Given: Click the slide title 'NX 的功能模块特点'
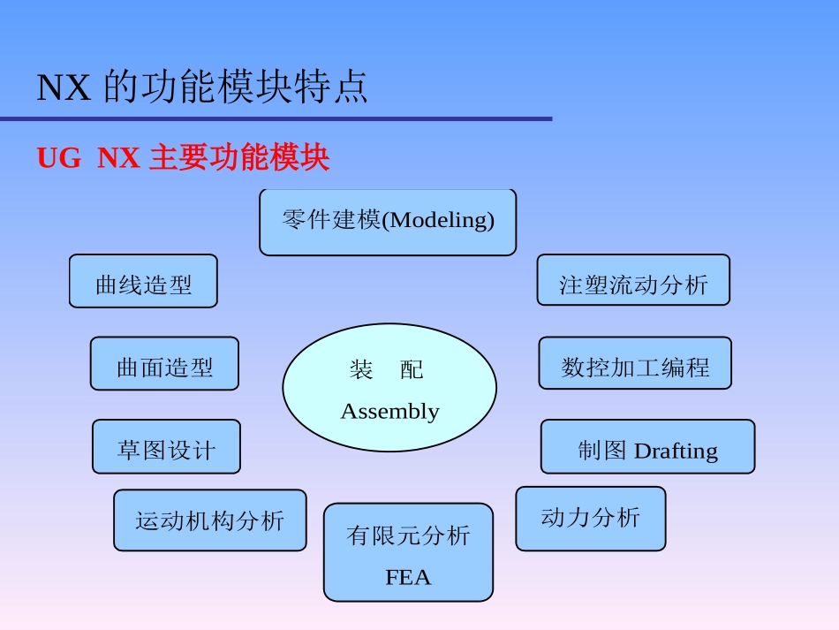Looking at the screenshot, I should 202,87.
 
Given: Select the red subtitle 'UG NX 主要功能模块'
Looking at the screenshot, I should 183,158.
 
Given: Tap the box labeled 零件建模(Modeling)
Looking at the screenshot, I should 388,222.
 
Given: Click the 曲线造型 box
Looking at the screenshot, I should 143,282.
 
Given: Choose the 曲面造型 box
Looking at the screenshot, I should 164,363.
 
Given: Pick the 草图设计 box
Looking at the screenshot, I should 166,447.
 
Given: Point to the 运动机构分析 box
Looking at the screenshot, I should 210,520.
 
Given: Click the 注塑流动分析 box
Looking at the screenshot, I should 633,281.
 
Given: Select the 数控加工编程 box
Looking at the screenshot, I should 635,363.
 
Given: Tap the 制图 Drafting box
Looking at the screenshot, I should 647,447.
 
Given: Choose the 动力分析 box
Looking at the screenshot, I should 590,519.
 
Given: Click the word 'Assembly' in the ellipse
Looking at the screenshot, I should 389,412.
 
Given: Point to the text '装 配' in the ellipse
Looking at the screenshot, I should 387,369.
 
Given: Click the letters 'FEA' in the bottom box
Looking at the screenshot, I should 408,578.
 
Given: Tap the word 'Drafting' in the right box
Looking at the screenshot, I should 676,451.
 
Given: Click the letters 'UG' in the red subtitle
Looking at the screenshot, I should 58,158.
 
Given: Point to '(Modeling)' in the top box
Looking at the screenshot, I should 437,220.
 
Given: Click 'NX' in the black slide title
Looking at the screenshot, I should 64,87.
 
